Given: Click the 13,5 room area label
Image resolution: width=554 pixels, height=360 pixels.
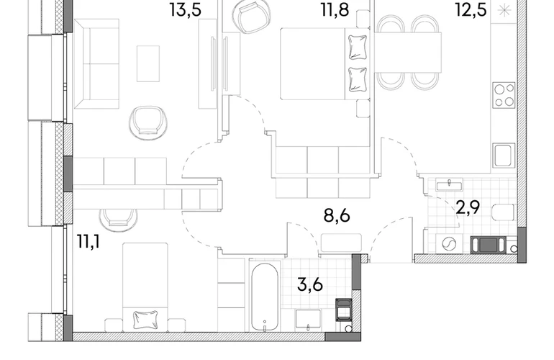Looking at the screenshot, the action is (x=186, y=10).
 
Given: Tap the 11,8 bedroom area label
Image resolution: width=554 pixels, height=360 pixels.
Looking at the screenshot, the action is (x=335, y=10).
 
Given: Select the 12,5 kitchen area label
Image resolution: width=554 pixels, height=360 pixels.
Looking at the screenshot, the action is (x=471, y=10).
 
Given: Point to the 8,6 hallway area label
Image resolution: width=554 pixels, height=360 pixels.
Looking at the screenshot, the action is (x=337, y=215).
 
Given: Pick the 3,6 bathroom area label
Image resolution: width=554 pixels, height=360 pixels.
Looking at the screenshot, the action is (x=310, y=284).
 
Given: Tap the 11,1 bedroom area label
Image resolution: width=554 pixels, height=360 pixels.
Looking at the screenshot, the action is (x=88, y=242).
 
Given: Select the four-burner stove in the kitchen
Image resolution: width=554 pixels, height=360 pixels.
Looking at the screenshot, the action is (x=504, y=96).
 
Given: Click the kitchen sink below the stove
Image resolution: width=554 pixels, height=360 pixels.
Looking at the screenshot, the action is (x=504, y=156).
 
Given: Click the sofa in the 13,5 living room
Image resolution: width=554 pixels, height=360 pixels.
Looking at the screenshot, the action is (x=96, y=64).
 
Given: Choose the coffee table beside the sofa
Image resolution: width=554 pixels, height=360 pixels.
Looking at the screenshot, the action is (x=148, y=63).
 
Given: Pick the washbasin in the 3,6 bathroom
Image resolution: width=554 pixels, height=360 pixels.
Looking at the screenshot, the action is (x=309, y=320).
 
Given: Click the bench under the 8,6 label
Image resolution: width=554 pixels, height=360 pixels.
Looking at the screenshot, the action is (x=341, y=243).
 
